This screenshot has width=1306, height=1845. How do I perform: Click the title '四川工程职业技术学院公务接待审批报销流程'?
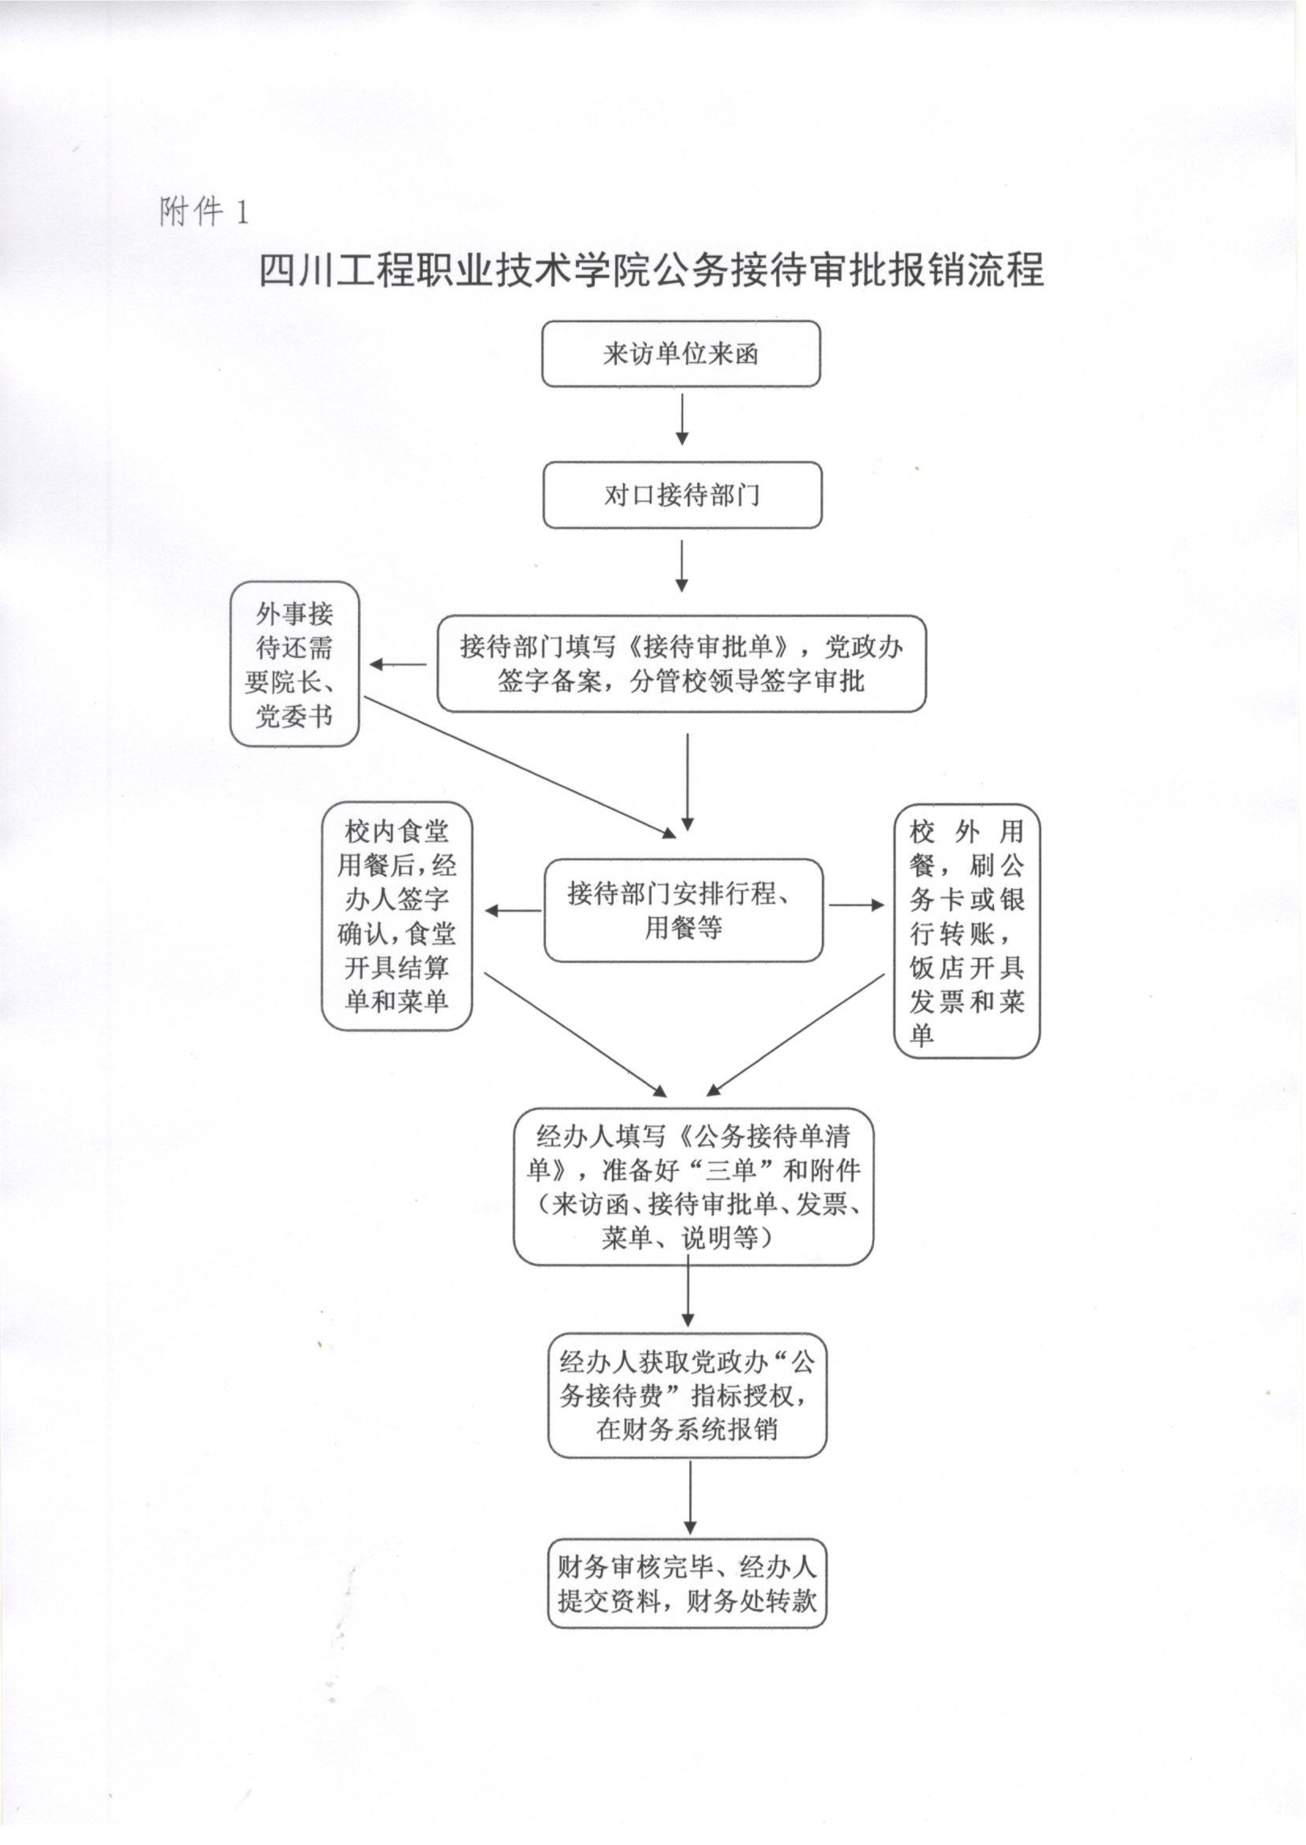coord(651,270)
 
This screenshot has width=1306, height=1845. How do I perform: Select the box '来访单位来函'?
coord(681,354)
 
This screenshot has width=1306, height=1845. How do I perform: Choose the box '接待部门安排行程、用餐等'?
coord(684,910)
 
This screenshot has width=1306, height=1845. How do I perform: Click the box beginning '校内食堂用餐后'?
coord(397,917)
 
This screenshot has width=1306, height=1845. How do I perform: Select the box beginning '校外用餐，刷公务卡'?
coord(967,931)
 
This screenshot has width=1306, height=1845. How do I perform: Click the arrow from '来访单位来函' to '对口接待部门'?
coord(682,419)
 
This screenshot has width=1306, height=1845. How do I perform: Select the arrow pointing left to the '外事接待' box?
coord(398,665)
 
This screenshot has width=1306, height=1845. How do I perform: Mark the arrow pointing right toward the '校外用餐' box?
coord(857,905)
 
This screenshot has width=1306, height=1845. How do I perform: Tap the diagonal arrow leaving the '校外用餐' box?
coord(795,1034)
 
